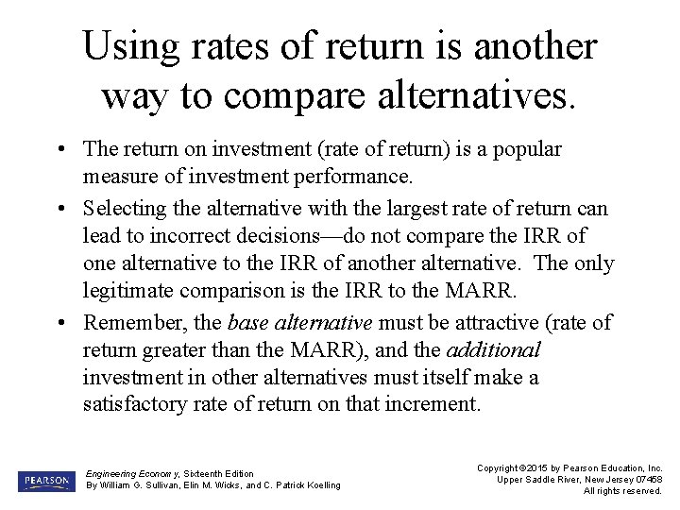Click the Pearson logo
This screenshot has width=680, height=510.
[43, 481]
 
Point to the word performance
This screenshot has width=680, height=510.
[354, 177]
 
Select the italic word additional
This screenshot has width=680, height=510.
[493, 350]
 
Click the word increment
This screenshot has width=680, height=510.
[434, 405]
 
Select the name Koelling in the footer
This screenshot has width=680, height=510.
[318, 485]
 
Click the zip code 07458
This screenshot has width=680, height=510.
[647, 479]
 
